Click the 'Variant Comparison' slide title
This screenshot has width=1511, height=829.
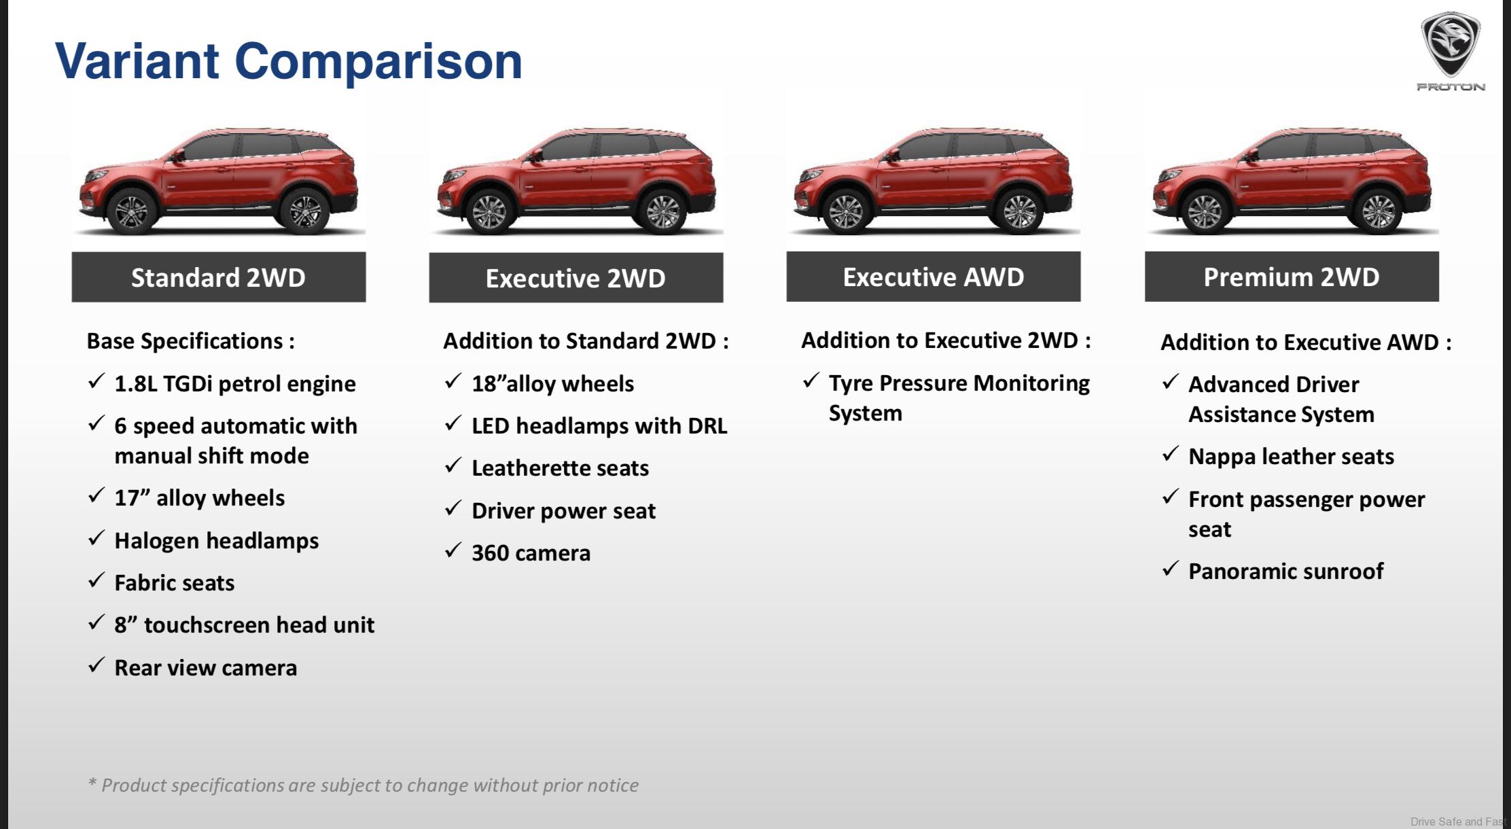289,61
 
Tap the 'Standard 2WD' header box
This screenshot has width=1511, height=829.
219,277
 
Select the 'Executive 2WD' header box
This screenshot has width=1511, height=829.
576,278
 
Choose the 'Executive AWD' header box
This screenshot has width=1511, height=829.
934,277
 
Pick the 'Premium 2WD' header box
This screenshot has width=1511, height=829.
1292,277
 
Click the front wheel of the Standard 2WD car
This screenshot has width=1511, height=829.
131,211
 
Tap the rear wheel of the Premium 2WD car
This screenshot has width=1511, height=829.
1378,211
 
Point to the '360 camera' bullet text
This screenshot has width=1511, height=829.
531,553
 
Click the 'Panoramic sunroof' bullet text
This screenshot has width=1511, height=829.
1286,571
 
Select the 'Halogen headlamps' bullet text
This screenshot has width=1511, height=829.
217,541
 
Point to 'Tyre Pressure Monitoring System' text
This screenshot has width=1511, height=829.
959,398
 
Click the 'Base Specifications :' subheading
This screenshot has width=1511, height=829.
191,341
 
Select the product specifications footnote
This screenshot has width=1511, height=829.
363,786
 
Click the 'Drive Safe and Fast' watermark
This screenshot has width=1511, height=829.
1459,822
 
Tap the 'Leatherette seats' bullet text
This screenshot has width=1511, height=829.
561,468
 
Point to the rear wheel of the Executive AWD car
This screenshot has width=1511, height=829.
1019,211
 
